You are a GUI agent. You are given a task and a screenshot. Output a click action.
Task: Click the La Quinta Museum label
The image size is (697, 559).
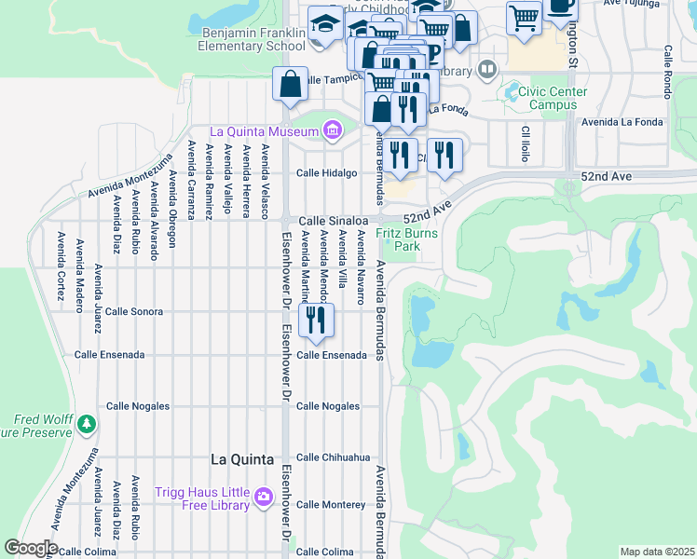coord(265,131)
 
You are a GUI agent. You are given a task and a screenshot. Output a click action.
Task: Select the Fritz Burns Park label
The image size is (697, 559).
coord(406,239)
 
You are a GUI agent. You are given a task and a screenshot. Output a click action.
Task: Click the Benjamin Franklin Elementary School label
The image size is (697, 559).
coord(253,38)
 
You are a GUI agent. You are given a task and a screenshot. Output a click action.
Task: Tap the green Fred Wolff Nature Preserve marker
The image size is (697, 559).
coord(86,425)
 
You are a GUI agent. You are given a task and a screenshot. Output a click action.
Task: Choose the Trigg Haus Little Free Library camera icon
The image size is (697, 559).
coord(264,496)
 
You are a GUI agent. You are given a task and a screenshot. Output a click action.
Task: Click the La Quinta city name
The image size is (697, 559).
coord(241,459)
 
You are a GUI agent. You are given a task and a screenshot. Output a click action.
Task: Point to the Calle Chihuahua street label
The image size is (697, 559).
coord(334,457)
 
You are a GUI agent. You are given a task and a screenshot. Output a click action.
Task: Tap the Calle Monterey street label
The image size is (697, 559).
coord(331,504)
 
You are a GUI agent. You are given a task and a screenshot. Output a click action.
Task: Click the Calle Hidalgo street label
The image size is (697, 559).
coord(327,173)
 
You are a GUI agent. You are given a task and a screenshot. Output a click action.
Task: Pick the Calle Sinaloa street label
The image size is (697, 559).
coord(328,220)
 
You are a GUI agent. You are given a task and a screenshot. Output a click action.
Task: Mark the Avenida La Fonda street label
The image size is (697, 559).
coord(622,121)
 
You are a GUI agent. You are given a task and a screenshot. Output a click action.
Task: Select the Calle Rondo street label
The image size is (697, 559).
coord(668,71)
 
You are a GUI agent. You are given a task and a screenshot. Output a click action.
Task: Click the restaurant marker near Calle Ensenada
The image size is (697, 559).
coord(316,320)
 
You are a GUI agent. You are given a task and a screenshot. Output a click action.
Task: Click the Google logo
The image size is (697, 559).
coord(31,548)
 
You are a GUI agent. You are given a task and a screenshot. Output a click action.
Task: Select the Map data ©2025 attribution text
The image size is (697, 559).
coord(656,552)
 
